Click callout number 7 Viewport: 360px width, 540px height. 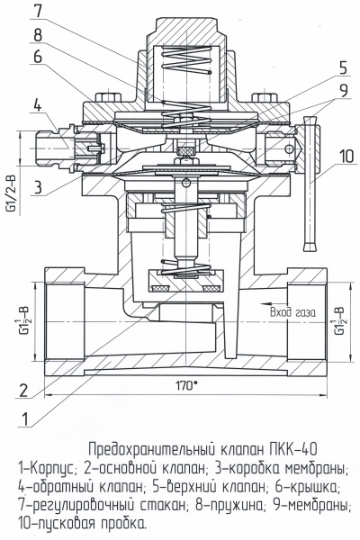point(38,11)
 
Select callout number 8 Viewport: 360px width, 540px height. point(38,34)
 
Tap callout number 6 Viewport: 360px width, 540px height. point(38,56)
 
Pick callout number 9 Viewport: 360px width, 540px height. point(343,90)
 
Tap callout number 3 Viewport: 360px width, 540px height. point(38,188)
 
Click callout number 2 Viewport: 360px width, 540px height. point(23,391)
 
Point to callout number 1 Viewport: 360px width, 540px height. point(24,419)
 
